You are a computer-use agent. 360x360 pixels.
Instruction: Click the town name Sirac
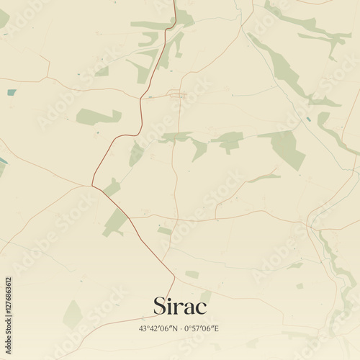(179, 305)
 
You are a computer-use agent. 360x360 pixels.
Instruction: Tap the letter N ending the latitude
(174, 329)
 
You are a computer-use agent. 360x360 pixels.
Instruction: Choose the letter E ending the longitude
(216, 329)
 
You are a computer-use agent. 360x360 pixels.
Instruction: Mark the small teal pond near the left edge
(11, 91)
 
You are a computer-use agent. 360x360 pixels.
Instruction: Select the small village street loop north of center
(176, 94)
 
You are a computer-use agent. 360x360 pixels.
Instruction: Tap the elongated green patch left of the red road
(98, 116)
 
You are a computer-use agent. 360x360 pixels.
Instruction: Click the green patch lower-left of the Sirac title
(72, 314)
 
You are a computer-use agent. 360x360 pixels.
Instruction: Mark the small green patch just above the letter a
(192, 274)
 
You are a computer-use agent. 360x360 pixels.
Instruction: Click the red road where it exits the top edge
(174, 2)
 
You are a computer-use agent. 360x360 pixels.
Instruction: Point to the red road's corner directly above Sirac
(174, 276)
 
